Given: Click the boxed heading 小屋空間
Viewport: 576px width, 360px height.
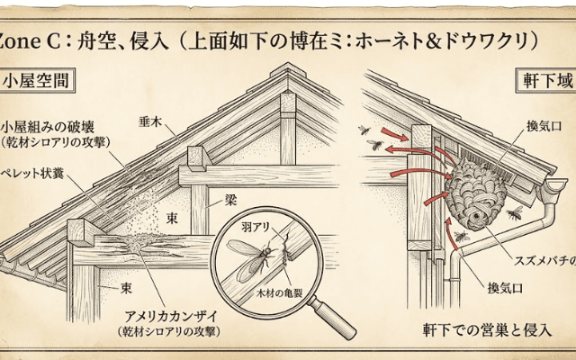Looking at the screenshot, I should click(35, 80).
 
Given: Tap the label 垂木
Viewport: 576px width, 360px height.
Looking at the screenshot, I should click(149, 120).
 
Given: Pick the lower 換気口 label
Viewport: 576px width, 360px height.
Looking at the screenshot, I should click(505, 287).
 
